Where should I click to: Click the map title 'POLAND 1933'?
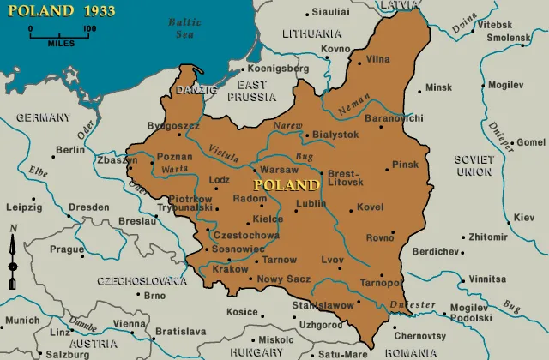pyautogui.click(x=59, y=12)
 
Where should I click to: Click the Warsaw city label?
pyautogui.click(x=279, y=170)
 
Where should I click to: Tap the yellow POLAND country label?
pyautogui.click(x=286, y=185)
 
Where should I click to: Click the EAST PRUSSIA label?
pyautogui.click(x=251, y=91)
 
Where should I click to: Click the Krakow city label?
pyautogui.click(x=229, y=269)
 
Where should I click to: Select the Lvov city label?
pyautogui.click(x=332, y=260)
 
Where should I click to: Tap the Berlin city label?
pyautogui.click(x=70, y=150)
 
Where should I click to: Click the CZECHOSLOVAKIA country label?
pyautogui.click(x=142, y=280)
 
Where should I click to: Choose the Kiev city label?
pyautogui.click(x=523, y=218)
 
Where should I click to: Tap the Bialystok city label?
pyautogui.click(x=335, y=135)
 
